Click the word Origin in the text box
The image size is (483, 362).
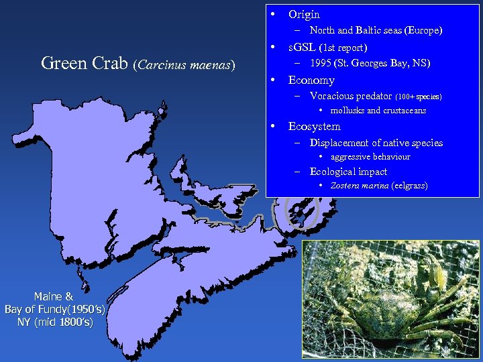[x=304, y=14]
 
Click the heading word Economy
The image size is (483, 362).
[x=311, y=80]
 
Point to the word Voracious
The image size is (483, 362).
[x=332, y=96]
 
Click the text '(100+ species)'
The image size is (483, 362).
[x=419, y=97]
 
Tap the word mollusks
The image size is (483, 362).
[x=346, y=111]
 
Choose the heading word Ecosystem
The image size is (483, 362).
[x=314, y=126]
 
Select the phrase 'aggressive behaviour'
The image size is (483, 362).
[x=370, y=157]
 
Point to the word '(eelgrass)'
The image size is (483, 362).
[x=409, y=186]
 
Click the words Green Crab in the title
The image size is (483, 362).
[x=85, y=64]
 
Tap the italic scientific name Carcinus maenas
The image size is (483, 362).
[x=185, y=65]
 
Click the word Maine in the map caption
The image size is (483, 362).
[x=48, y=296]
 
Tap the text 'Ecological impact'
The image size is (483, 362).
[x=348, y=172]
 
